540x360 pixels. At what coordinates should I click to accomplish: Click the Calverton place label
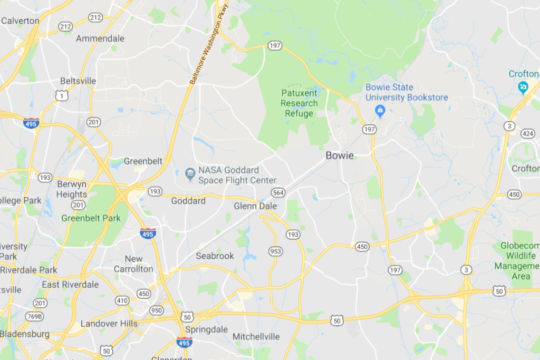click(x=21, y=21)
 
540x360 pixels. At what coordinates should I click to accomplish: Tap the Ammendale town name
click(x=100, y=38)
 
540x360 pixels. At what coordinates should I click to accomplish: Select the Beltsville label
click(x=78, y=81)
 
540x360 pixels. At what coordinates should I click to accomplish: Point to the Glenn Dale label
click(x=255, y=206)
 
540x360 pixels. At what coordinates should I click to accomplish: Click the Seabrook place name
click(x=215, y=256)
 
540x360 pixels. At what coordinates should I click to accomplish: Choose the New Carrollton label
click(x=133, y=264)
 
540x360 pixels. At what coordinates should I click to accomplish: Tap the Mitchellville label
click(x=256, y=336)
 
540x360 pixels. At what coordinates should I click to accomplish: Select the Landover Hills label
click(x=109, y=324)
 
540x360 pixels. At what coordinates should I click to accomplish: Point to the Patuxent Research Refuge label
click(x=299, y=103)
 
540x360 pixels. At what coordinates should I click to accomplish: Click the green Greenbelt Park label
click(x=91, y=218)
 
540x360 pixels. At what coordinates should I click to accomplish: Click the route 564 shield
click(x=278, y=192)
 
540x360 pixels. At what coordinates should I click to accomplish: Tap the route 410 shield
click(x=122, y=300)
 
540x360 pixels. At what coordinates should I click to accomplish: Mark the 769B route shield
click(x=35, y=316)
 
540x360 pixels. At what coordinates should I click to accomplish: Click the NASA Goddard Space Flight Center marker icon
click(x=190, y=173)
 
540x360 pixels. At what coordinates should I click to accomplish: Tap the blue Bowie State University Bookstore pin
click(x=379, y=111)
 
